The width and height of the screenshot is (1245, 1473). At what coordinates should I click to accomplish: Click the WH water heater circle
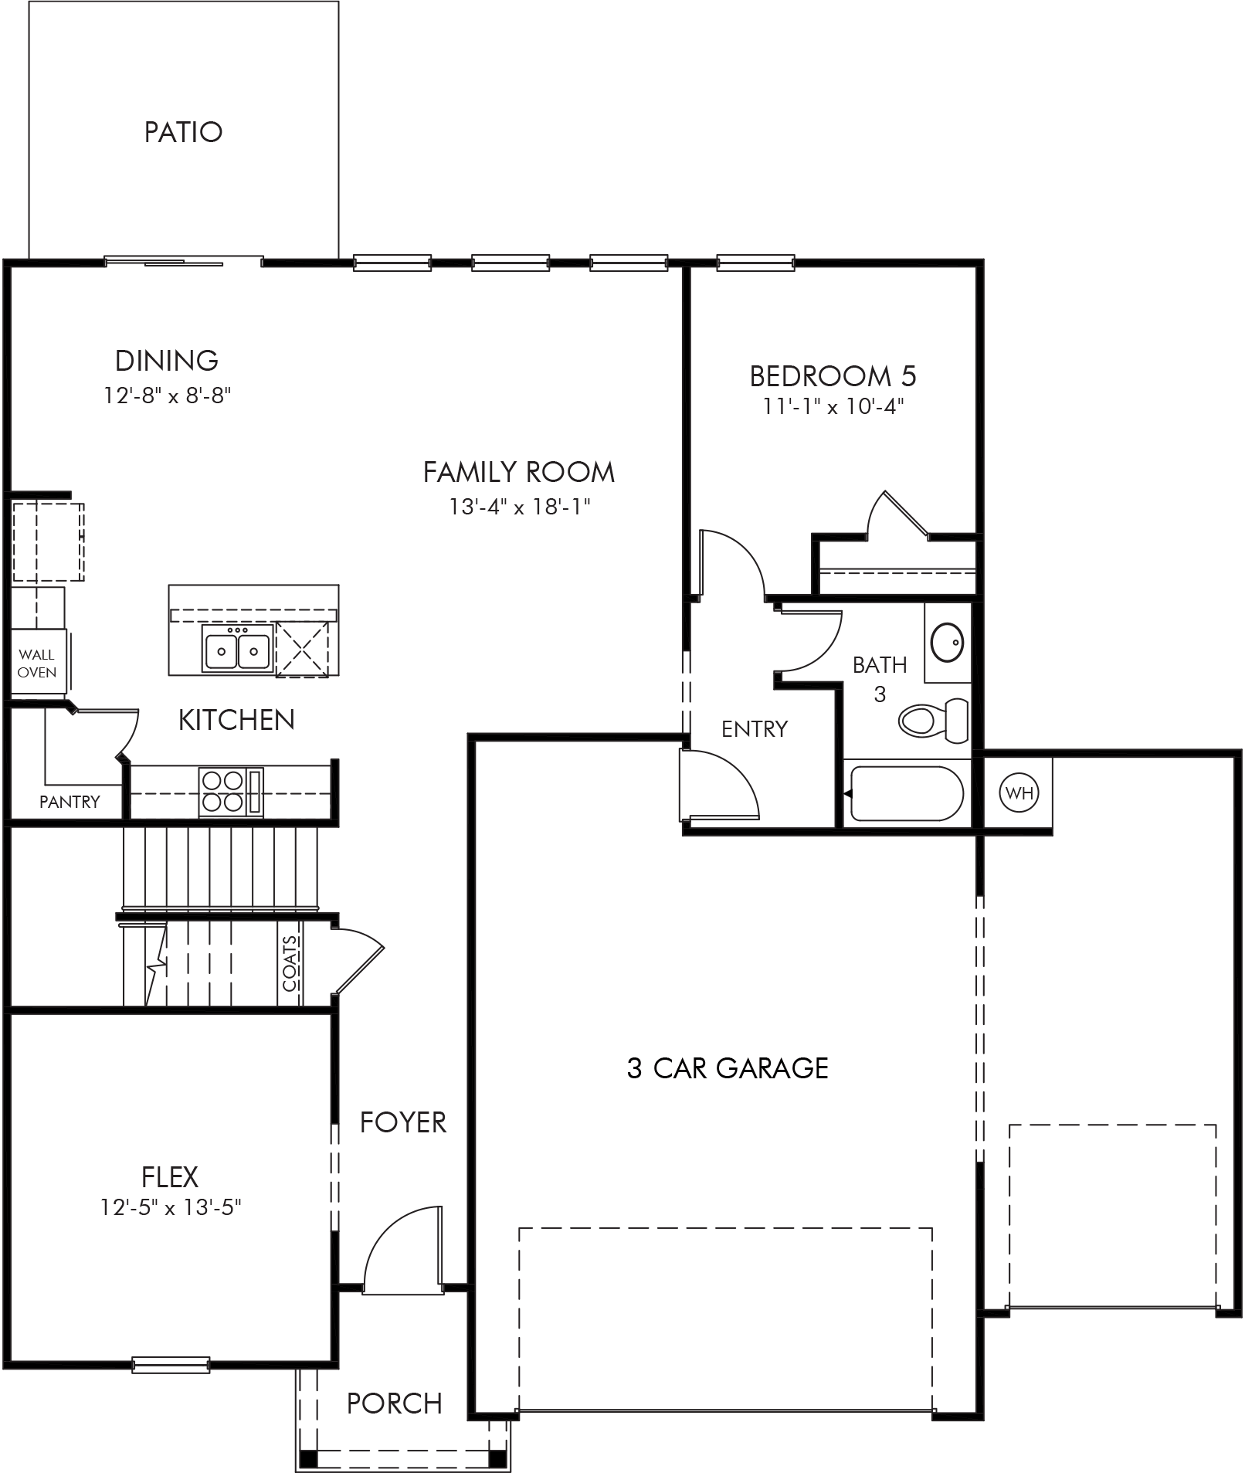pyautogui.click(x=1019, y=792)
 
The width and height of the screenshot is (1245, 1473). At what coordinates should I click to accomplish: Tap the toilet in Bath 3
pyautogui.click(x=934, y=720)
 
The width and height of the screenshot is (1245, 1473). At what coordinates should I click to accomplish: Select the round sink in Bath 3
pyautogui.click(x=946, y=642)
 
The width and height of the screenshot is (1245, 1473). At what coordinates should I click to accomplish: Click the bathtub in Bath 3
pyautogui.click(x=906, y=793)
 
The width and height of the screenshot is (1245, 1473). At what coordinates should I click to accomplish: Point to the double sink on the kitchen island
pyautogui.click(x=236, y=647)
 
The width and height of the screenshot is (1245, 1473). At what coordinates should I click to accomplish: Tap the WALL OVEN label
pyautogui.click(x=37, y=664)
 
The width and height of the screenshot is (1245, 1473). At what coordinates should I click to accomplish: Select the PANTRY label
pyautogui.click(x=70, y=802)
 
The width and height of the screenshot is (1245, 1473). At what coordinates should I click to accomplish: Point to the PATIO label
pyautogui.click(x=184, y=132)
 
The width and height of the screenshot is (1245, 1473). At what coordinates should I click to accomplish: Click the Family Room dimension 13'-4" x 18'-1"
pyautogui.click(x=520, y=507)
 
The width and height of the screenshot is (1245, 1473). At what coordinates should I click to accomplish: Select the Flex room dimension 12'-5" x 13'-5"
pyautogui.click(x=171, y=1206)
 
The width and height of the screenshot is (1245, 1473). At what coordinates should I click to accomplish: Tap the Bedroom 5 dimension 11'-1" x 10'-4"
pyautogui.click(x=833, y=406)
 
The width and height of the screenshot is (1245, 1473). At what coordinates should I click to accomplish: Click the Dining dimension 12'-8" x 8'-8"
pyautogui.click(x=168, y=395)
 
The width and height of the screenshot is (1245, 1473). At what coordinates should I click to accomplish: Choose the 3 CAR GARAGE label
pyautogui.click(x=728, y=1068)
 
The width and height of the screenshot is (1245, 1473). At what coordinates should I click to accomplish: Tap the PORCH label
pyautogui.click(x=395, y=1403)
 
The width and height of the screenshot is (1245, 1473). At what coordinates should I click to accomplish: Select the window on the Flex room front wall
pyautogui.click(x=171, y=1365)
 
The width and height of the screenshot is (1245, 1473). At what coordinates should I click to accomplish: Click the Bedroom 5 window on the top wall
pyautogui.click(x=755, y=263)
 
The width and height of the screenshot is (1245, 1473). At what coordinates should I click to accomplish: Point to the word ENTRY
pyautogui.click(x=755, y=728)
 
